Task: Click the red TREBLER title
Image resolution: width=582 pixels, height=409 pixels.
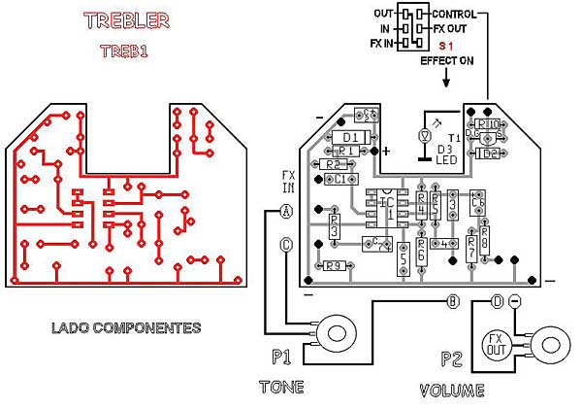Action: click(126, 20)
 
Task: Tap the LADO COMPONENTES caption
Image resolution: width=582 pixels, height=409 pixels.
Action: click(126, 327)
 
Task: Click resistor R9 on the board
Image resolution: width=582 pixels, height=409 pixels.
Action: click(335, 265)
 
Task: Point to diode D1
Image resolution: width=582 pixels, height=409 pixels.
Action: click(351, 136)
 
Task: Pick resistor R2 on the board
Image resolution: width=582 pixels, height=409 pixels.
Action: click(335, 165)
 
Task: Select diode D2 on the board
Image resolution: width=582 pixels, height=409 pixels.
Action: click(488, 153)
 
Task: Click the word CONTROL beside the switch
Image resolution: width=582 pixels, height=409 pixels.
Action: click(454, 15)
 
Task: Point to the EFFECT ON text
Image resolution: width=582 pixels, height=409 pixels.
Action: click(447, 60)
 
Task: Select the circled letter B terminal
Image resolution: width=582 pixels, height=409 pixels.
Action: click(452, 301)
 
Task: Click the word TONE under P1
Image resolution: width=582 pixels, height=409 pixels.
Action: click(281, 387)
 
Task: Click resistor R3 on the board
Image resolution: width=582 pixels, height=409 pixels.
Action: click(334, 230)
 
